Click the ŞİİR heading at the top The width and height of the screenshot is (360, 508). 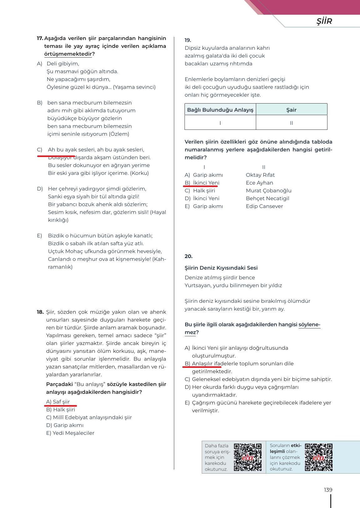click(x=324, y=21)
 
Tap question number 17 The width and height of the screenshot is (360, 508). click(x=40, y=38)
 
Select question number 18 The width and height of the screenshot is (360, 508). click(x=40, y=312)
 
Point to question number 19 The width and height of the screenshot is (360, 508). click(x=188, y=40)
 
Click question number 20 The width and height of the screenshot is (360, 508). click(x=188, y=256)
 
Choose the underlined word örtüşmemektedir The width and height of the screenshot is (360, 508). click(x=68, y=54)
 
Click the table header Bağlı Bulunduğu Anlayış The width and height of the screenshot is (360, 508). click(x=220, y=110)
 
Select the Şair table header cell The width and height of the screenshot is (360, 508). click(x=291, y=110)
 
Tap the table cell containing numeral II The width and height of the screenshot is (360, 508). click(x=291, y=123)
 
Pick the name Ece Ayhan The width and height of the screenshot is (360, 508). click(x=259, y=183)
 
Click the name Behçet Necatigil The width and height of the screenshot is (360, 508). click(x=267, y=198)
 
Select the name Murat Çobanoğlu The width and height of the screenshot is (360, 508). click(x=268, y=190)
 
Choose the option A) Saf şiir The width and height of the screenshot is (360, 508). click(x=58, y=402)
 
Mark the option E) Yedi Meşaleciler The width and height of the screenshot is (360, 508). click(x=70, y=433)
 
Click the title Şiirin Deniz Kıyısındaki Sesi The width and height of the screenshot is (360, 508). click(x=221, y=268)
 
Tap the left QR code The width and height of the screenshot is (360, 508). click(x=248, y=457)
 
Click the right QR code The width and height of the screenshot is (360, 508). click(x=319, y=457)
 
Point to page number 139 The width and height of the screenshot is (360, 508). click(x=328, y=490)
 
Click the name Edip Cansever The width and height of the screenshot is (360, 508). click(x=264, y=206)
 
